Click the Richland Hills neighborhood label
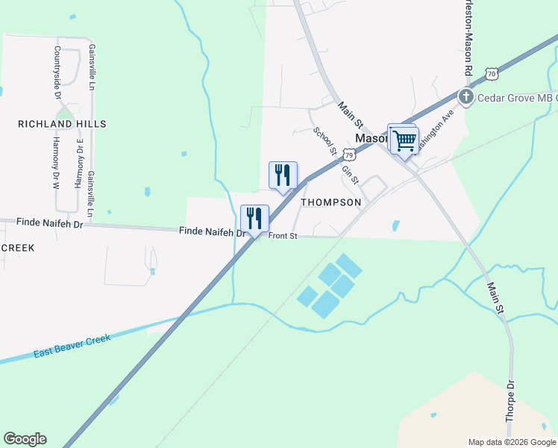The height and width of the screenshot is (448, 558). pyautogui.click(x=62, y=124)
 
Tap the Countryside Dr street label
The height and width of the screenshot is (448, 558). pyautogui.click(x=57, y=72)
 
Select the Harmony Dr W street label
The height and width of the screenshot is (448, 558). pyautogui.click(x=56, y=163)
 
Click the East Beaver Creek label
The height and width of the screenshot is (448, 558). pyautogui.click(x=72, y=346)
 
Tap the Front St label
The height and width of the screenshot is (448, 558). pyautogui.click(x=283, y=236)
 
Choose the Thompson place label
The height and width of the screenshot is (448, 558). pyautogui.click(x=330, y=202)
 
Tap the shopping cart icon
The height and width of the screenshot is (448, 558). pyautogui.click(x=404, y=139)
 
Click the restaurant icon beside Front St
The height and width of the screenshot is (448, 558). pyautogui.click(x=254, y=219)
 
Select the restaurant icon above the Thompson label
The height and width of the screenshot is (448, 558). pyautogui.click(x=283, y=175)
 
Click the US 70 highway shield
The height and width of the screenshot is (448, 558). pyautogui.click(x=490, y=73)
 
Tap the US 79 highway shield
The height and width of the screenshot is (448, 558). pyautogui.click(x=349, y=155)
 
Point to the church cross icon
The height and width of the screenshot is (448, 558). pyautogui.click(x=466, y=96)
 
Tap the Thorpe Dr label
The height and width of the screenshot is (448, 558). pyautogui.click(x=511, y=402)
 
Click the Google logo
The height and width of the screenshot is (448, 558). pyautogui.click(x=25, y=439)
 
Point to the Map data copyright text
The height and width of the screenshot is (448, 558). pyautogui.click(x=512, y=442)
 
